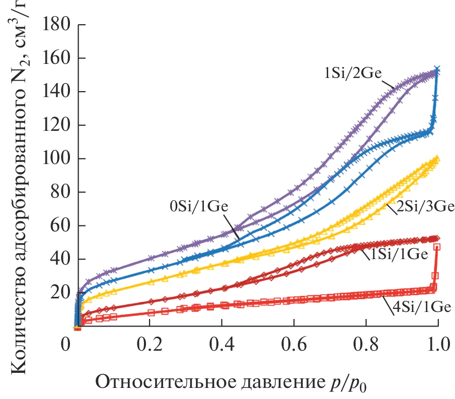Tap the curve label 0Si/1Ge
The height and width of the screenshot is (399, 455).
(x=198, y=206)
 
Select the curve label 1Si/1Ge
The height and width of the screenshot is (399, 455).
(x=400, y=255)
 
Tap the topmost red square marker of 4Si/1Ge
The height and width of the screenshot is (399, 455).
(x=437, y=247)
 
